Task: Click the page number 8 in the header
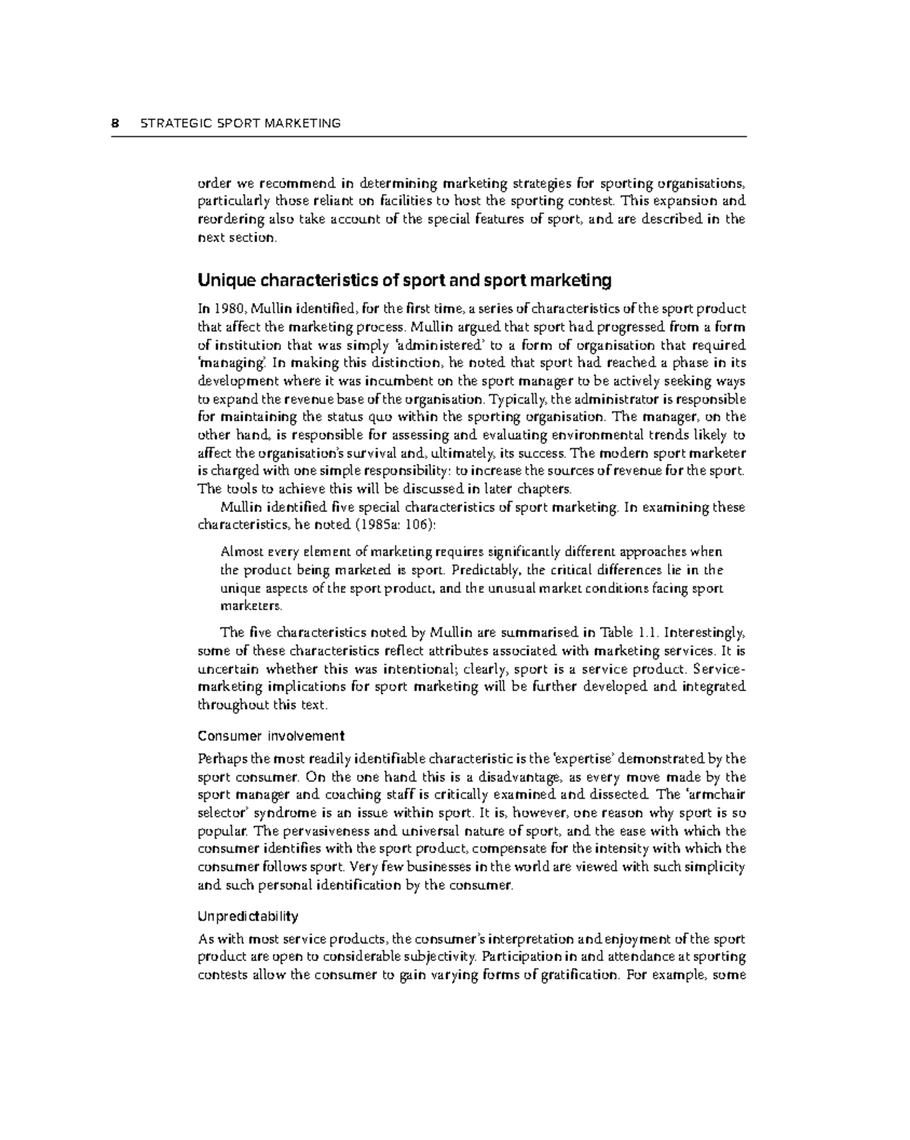pos(115,123)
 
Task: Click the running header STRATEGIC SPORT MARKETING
pos(240,123)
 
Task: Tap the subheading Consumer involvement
pos(271,736)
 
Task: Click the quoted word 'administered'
pos(428,345)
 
